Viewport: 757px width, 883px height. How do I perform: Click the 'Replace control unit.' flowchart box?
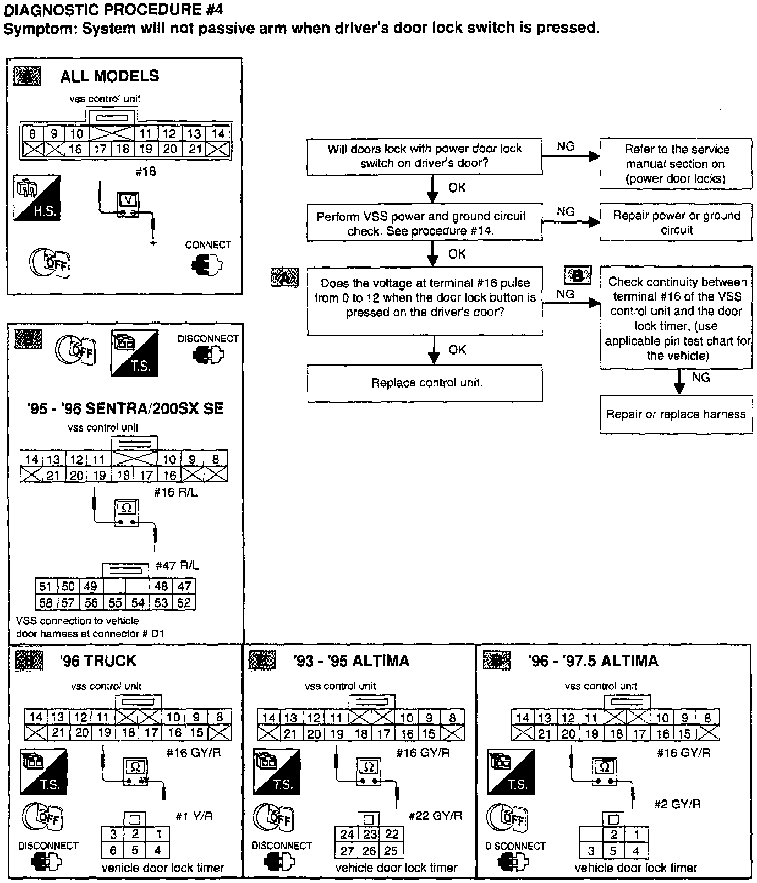[x=425, y=383]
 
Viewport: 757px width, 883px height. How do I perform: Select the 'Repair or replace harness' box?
[x=676, y=415]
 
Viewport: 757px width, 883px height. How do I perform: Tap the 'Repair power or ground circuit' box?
[x=676, y=223]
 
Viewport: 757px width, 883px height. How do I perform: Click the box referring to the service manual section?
[x=676, y=164]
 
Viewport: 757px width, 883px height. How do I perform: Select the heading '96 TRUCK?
[x=98, y=661]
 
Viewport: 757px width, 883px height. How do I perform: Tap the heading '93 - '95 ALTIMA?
[x=351, y=661]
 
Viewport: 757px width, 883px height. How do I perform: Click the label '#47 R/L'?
[x=177, y=565]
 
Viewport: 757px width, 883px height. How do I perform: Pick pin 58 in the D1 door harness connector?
[x=46, y=602]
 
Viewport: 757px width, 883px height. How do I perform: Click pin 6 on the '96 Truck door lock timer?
[x=113, y=850]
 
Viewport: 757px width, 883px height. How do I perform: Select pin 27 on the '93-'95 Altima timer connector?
[x=347, y=851]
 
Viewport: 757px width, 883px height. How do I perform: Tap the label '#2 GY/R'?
[x=677, y=804]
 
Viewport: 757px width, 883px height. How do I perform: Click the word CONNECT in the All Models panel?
[x=208, y=245]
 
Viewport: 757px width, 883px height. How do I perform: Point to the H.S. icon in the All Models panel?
[x=37, y=198]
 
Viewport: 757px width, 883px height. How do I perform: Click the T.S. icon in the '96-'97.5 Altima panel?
[x=511, y=771]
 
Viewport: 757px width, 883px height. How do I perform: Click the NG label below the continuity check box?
[x=700, y=378]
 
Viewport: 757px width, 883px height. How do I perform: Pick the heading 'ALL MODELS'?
[x=109, y=76]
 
